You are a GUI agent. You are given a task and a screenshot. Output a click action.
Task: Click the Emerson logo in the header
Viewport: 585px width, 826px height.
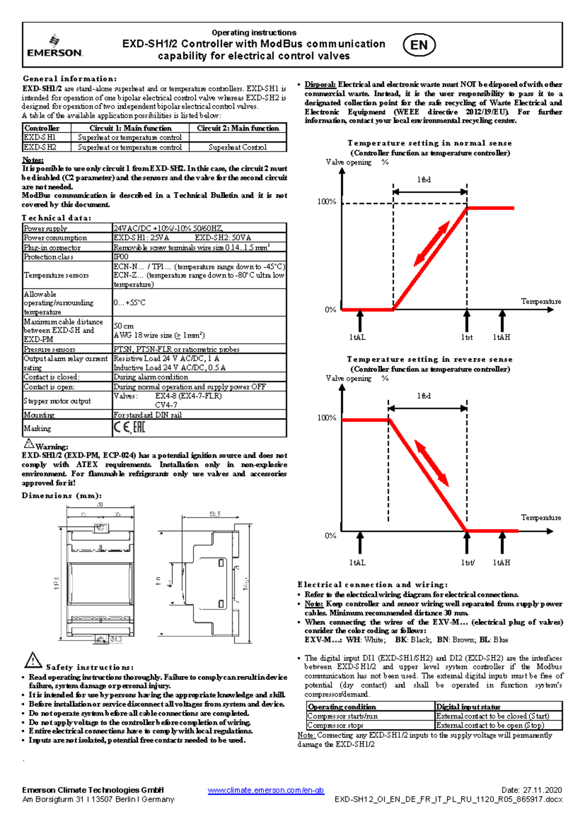pos(55,46)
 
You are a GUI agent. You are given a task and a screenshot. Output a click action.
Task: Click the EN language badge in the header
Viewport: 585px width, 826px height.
pos(419,45)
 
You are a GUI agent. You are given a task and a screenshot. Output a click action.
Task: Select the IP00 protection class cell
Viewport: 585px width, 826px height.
pos(121,257)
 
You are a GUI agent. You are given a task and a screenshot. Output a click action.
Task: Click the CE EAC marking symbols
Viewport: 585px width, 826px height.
pos(129,428)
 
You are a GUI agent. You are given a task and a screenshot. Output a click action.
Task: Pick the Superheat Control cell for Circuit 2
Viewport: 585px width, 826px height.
pos(237,147)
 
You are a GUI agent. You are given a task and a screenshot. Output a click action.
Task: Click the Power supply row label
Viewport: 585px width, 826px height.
pos(45,228)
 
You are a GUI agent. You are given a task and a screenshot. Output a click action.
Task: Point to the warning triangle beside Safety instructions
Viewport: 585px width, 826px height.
pos(33,660)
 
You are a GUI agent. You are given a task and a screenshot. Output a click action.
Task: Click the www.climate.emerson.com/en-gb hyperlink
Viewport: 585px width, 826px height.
pos(266,790)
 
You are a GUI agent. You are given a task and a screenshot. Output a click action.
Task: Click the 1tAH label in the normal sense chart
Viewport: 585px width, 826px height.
pos(501,337)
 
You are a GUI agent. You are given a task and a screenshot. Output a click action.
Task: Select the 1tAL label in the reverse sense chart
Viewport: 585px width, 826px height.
pos(357,563)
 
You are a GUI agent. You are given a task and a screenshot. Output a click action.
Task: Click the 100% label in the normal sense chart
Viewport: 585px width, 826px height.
pos(327,202)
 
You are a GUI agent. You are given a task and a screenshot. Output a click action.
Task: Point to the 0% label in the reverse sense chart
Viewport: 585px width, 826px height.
pos(331,536)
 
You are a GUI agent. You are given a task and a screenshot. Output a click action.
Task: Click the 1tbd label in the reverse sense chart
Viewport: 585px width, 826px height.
pos(424,396)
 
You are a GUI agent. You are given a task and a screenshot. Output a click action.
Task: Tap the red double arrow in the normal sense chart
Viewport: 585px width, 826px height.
pos(431,244)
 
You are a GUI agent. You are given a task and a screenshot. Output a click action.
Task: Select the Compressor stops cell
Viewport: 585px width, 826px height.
pos(335,725)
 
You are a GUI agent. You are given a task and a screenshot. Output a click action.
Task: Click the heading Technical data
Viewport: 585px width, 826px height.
pos(57,218)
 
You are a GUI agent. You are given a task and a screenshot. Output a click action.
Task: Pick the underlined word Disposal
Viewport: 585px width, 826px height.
pos(320,84)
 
